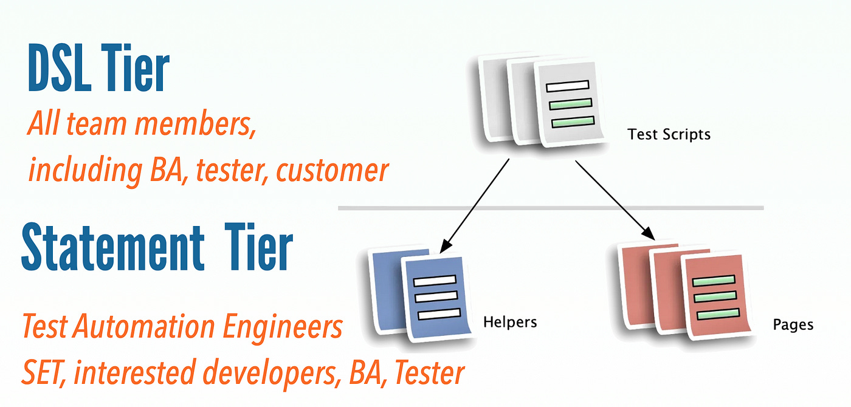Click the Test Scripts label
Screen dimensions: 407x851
tap(669, 134)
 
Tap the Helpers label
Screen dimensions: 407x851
tap(510, 322)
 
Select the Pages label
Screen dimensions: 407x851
tap(793, 324)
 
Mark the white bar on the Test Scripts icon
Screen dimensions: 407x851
tap(568, 85)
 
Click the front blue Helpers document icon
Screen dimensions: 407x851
tap(435, 298)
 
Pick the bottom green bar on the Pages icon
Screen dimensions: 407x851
tap(718, 315)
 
